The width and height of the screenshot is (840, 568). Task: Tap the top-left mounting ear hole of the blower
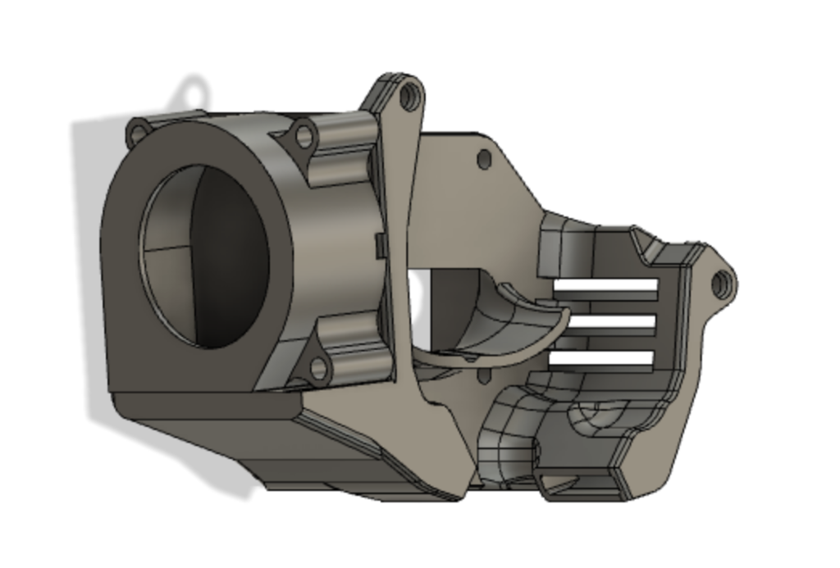point(139,131)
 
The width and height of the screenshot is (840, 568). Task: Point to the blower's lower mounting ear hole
point(318,369)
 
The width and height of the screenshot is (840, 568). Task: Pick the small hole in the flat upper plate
point(484,158)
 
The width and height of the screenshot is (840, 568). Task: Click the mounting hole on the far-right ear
point(720,284)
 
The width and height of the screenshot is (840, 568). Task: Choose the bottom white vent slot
point(603,357)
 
